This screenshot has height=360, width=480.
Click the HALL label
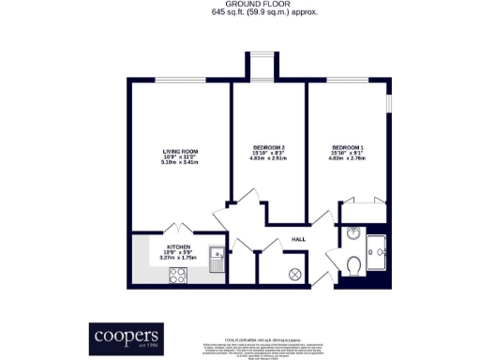[298, 239]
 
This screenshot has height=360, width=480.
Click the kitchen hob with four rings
[178, 276]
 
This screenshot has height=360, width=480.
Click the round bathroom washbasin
[352, 234]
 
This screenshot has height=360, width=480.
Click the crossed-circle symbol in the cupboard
[295, 275]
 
